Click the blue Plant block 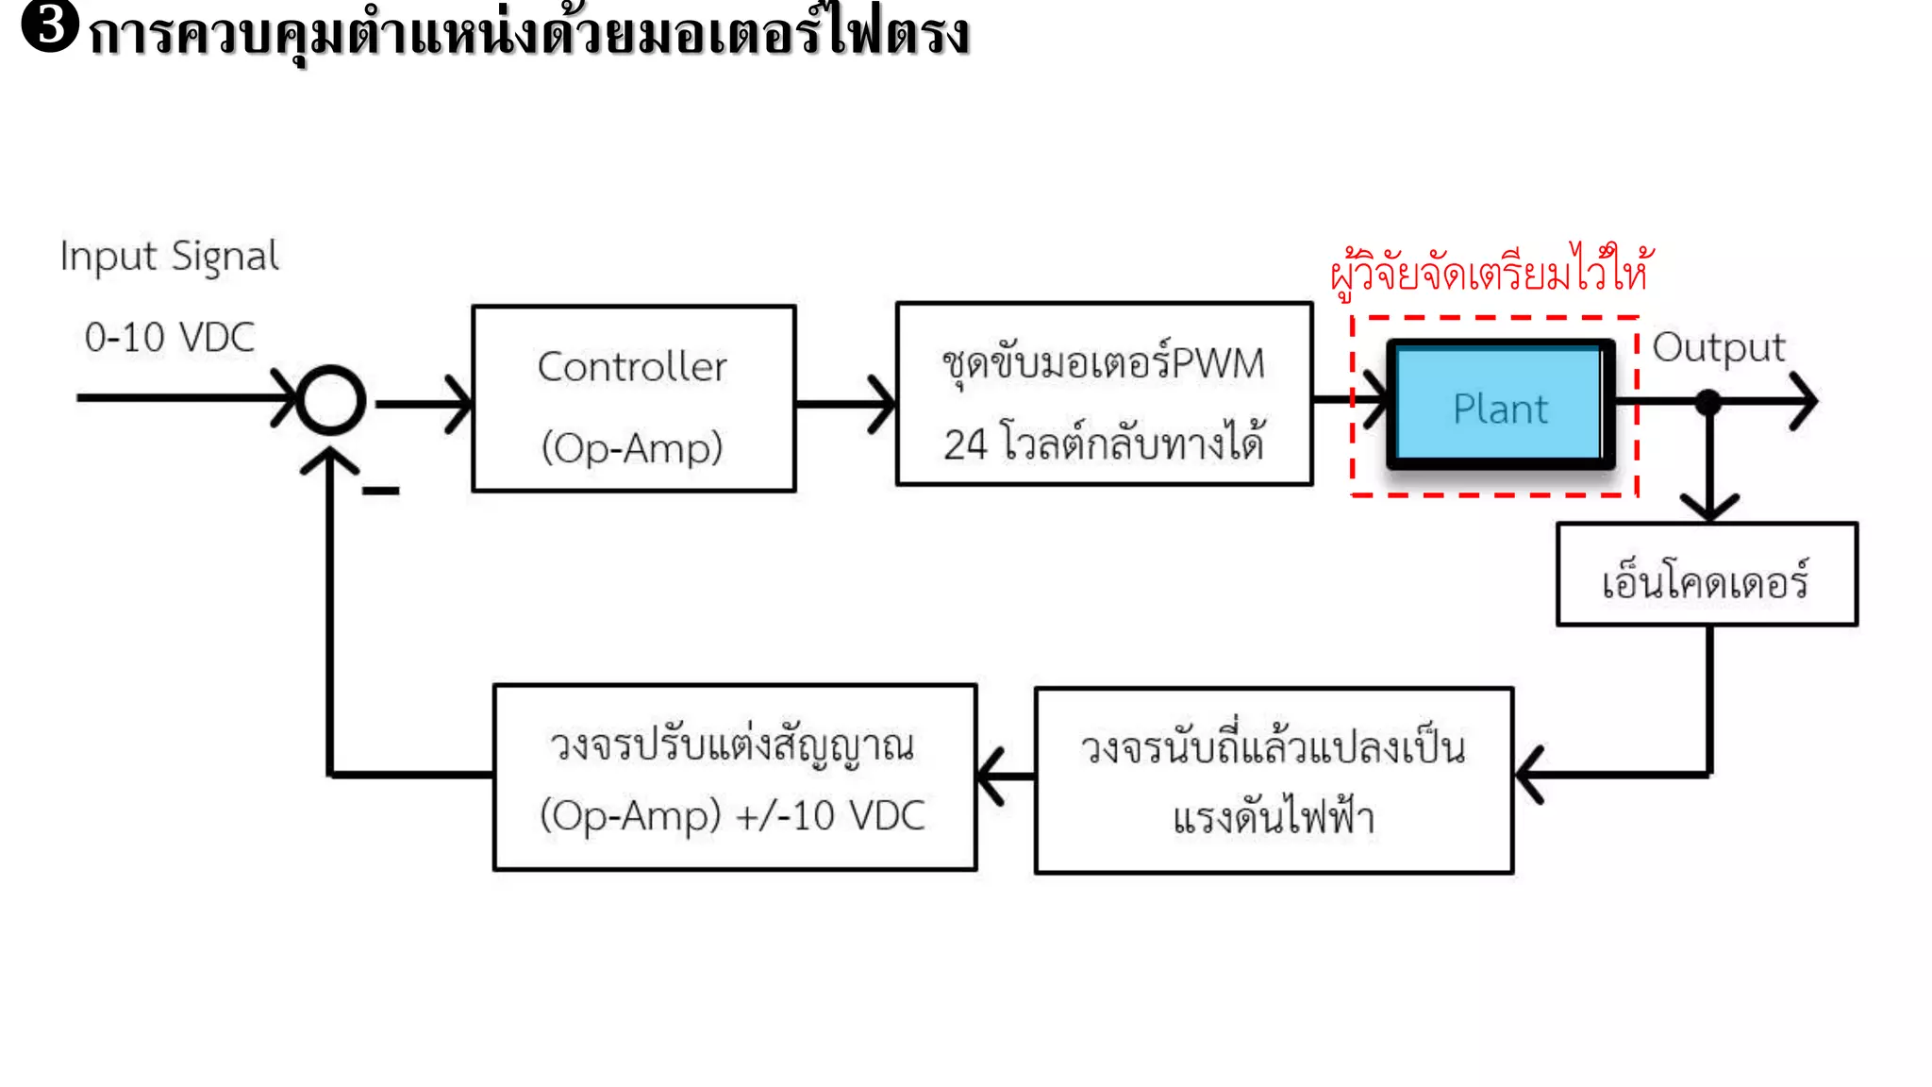coord(1500,406)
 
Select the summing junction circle coord(330,400)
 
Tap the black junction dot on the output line coord(1708,403)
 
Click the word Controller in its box coord(632,367)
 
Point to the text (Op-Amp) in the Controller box coord(632,447)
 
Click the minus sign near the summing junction coord(381,491)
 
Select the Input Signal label coord(170,257)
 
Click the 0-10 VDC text coord(170,338)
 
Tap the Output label coord(1719,347)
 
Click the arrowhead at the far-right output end coord(1806,402)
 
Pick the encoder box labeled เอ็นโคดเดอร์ coord(1707,575)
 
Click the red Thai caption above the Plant coord(1490,272)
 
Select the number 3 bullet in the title coord(49,26)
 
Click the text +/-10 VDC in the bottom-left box coord(830,816)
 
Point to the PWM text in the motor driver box coord(1218,364)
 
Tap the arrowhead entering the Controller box coord(459,404)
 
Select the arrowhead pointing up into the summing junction coord(329,461)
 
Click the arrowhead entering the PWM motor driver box coord(883,404)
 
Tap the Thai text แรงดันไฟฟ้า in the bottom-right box coord(1274,817)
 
